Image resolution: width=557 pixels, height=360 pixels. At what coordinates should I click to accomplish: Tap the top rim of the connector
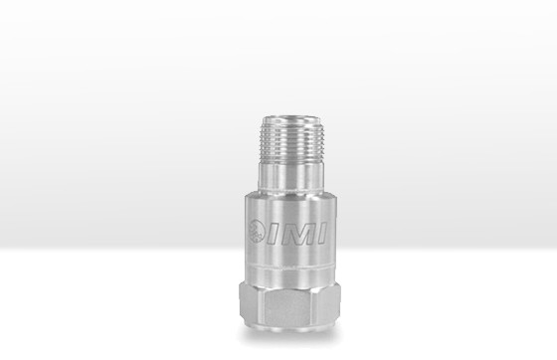click(290, 119)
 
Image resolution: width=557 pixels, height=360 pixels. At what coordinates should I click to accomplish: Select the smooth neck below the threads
click(290, 176)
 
